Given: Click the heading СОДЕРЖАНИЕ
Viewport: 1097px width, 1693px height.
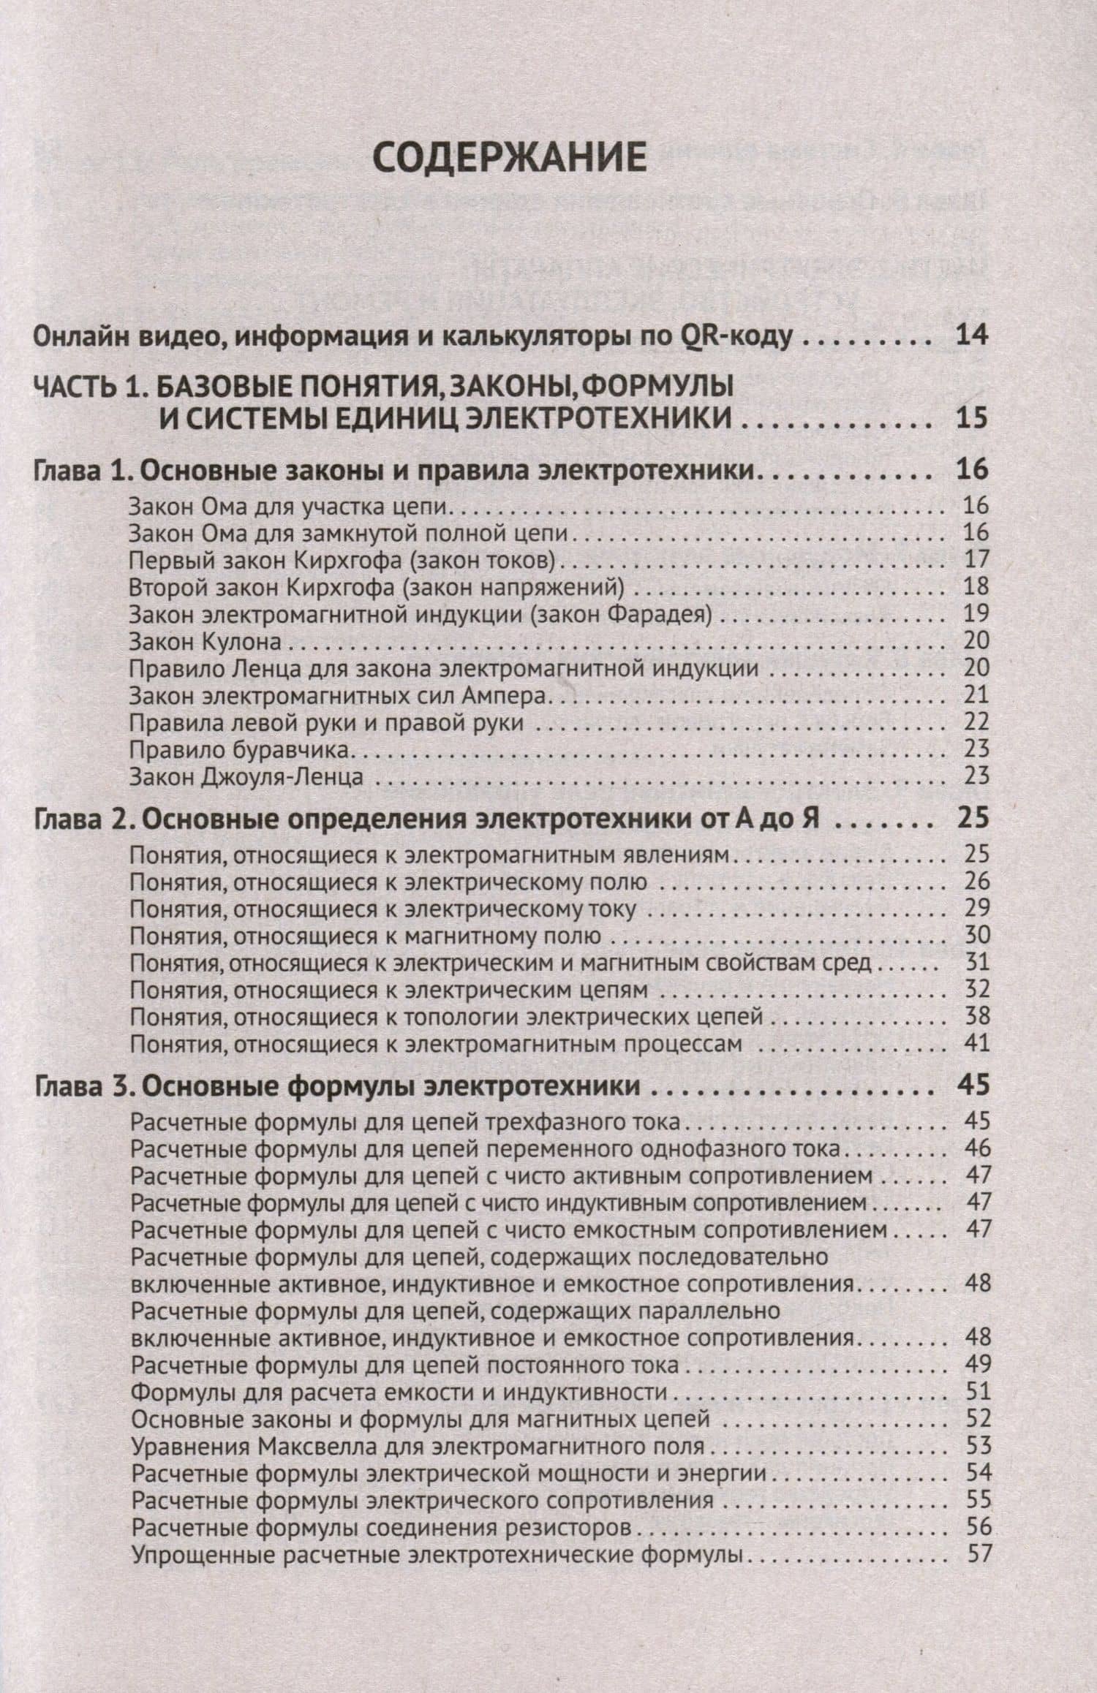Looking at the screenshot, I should [x=510, y=159].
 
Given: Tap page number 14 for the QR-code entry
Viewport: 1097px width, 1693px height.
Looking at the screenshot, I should [x=972, y=336].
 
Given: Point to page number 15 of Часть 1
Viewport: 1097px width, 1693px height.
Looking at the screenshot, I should [x=972, y=418].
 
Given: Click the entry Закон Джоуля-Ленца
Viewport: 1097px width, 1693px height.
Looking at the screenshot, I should [x=246, y=776].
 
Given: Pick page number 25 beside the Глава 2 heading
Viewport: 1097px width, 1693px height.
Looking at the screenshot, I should [x=972, y=818].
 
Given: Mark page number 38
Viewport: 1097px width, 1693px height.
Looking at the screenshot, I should [x=976, y=1016].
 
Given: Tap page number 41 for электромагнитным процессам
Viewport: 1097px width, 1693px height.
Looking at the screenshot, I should [x=976, y=1043].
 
